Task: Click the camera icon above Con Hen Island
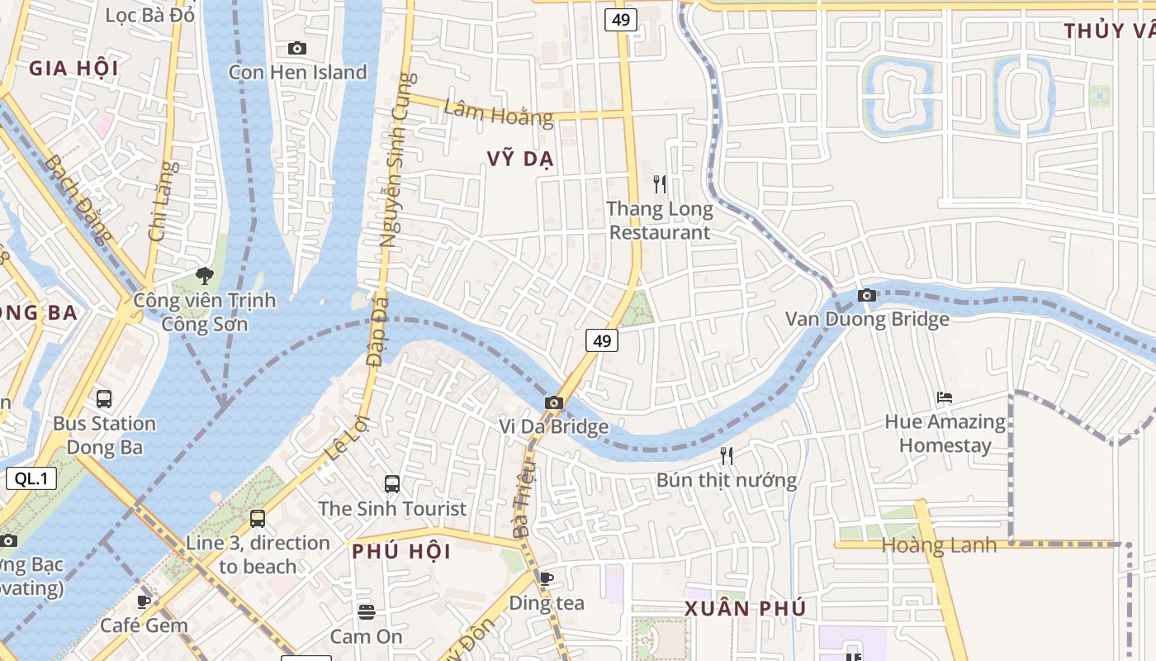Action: pos(297,49)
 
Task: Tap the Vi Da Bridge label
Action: pos(553,426)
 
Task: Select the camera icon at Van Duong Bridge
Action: pos(866,295)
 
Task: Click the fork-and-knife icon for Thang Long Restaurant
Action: pos(659,183)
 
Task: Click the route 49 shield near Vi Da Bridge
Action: pos(603,340)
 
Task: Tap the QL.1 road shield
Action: pos(31,478)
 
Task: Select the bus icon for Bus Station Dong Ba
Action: pos(104,399)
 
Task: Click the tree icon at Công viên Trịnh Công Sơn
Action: pos(204,275)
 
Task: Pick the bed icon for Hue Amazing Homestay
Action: pos(945,397)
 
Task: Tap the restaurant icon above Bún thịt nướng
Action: pos(726,455)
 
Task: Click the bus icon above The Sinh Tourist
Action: pos(392,484)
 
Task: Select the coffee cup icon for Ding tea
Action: pos(545,578)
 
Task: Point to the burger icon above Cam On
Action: pos(367,612)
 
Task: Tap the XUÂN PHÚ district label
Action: pos(745,609)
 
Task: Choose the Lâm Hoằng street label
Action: pos(498,112)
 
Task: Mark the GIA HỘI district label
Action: pos(73,68)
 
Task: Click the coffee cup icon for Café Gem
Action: pos(144,602)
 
